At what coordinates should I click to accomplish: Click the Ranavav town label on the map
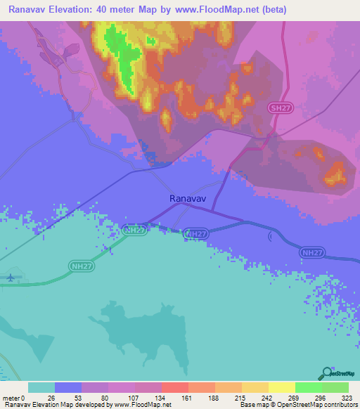point(187,199)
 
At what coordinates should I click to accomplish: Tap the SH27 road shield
point(278,108)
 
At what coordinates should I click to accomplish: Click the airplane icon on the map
point(10,276)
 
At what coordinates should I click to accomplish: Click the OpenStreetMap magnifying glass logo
point(327,372)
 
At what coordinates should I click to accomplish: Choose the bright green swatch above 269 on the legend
point(308,387)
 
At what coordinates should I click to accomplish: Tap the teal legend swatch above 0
point(41,387)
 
